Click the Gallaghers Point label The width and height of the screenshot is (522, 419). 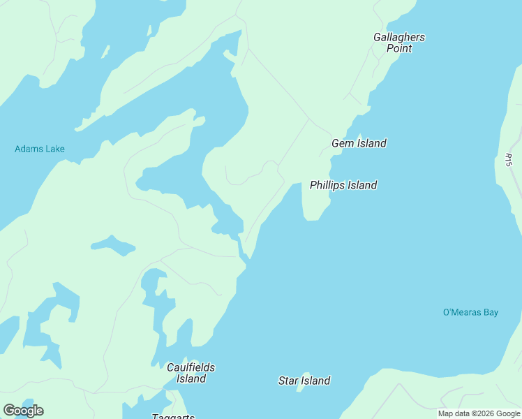[399, 43]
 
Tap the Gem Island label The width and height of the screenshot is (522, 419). [359, 143]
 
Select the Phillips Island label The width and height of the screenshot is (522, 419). [343, 185]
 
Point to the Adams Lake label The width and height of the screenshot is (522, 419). [40, 149]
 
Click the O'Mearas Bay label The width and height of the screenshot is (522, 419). [470, 312]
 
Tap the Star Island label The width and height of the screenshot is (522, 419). [304, 381]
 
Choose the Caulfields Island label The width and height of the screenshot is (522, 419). [191, 373]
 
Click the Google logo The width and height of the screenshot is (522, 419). [23, 411]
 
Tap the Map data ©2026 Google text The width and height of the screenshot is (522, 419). [479, 413]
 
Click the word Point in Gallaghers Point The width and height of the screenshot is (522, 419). [399, 48]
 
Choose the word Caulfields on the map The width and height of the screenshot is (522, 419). [191, 367]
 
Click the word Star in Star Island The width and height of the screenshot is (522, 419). [289, 381]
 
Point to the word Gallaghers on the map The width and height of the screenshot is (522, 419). [399, 37]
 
